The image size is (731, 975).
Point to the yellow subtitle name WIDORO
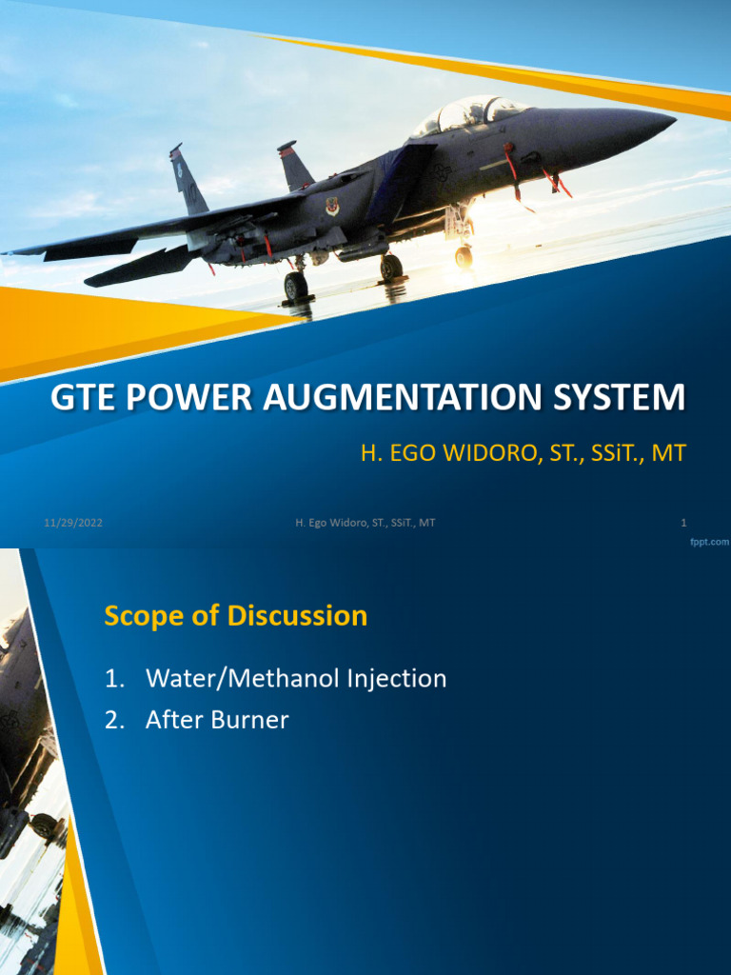pos(471,453)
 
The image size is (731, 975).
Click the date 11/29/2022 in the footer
pos(72,523)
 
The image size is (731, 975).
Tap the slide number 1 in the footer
pos(683,523)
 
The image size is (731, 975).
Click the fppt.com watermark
pos(709,541)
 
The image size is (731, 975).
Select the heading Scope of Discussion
pos(235,616)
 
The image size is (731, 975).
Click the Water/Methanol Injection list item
pos(295,679)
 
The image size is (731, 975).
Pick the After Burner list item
pos(216,721)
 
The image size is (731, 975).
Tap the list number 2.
pos(114,721)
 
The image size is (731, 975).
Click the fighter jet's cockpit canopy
pos(472,114)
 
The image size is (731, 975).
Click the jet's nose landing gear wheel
pos(464,256)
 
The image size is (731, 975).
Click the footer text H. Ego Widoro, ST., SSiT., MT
pos(365,523)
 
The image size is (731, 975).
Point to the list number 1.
pos(114,679)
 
